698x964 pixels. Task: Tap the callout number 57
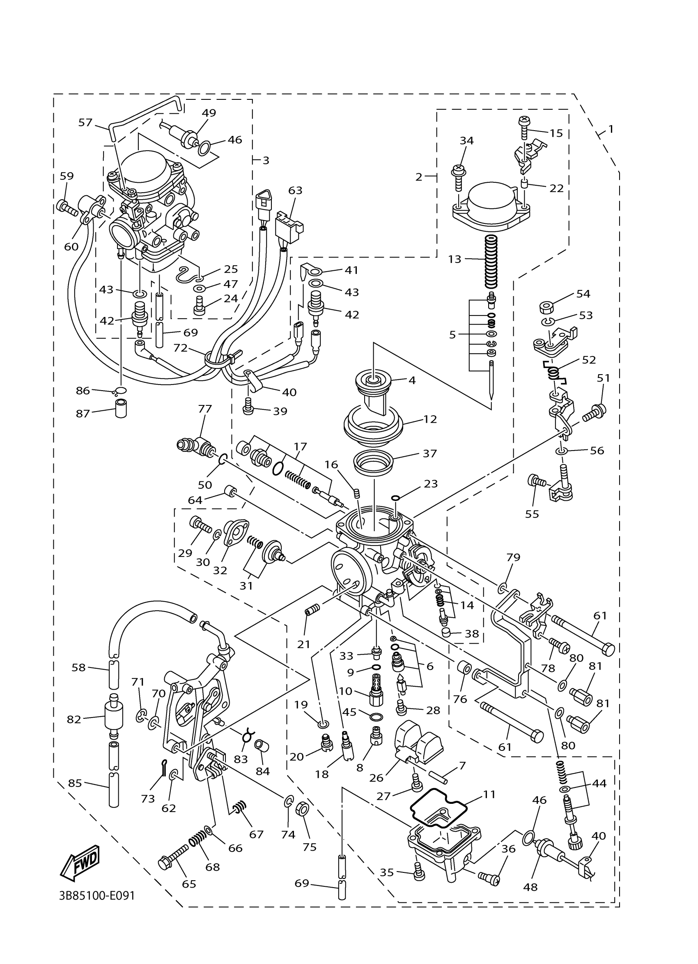(x=85, y=122)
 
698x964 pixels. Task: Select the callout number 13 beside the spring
(x=454, y=259)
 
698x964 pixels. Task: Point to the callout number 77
(x=205, y=409)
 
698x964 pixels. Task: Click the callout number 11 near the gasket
(x=489, y=794)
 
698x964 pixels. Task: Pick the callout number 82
(x=74, y=720)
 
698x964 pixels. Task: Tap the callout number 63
(x=295, y=190)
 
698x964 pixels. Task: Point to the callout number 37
(x=429, y=453)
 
